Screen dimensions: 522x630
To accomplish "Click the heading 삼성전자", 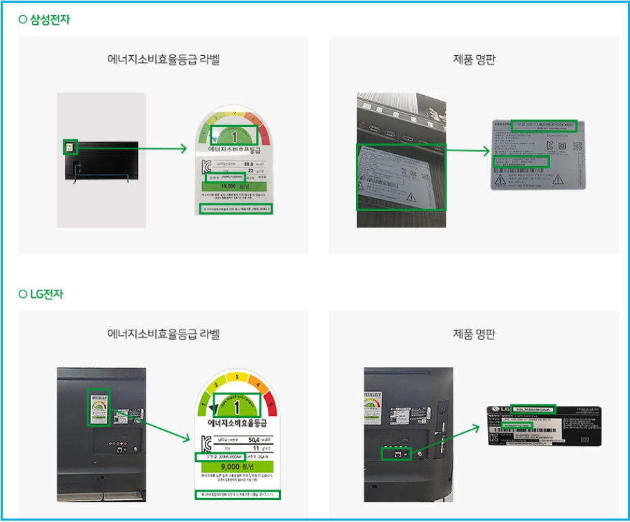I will [49, 19].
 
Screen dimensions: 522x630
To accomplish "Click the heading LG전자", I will [47, 294].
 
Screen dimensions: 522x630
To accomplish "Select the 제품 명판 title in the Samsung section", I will [474, 59].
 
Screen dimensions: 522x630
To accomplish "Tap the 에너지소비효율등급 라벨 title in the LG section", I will [163, 334].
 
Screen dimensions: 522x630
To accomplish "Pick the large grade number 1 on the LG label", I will [237, 408].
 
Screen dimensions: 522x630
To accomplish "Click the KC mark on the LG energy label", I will [206, 443].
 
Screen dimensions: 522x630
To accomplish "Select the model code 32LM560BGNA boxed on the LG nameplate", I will [533, 408].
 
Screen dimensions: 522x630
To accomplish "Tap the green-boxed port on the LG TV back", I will [397, 453].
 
